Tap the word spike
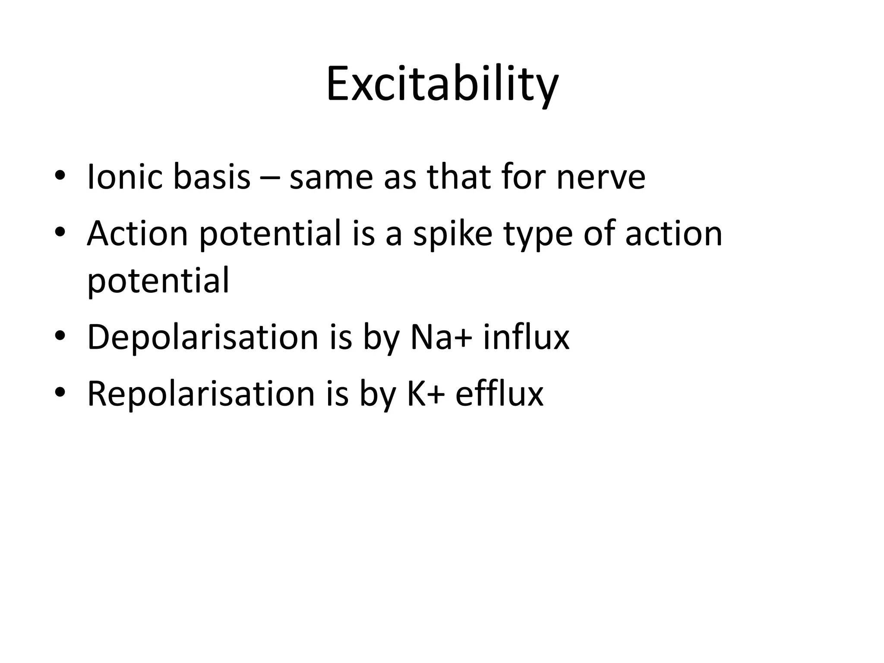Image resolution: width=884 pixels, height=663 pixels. [452, 234]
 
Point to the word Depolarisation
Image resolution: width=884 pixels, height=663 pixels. [202, 337]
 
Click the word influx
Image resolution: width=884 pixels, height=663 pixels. [526, 337]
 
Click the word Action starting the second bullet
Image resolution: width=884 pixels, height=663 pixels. [137, 234]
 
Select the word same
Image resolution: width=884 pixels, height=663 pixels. [331, 177]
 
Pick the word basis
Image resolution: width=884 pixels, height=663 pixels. [212, 177]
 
